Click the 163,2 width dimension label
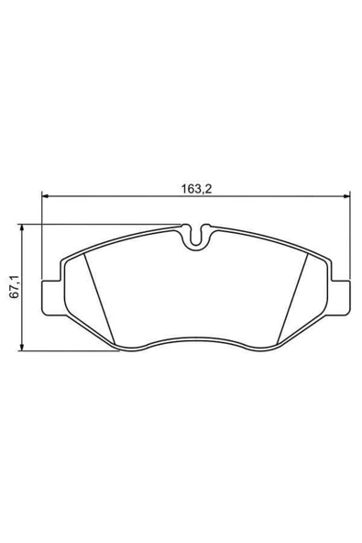[196, 189]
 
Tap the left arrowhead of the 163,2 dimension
[45, 196]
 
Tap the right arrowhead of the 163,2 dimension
[346, 196]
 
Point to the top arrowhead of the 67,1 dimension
[22, 227]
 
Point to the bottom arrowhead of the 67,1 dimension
[22, 348]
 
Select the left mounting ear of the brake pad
[53, 298]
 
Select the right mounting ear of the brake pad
[339, 298]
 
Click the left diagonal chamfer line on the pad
[99, 299]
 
